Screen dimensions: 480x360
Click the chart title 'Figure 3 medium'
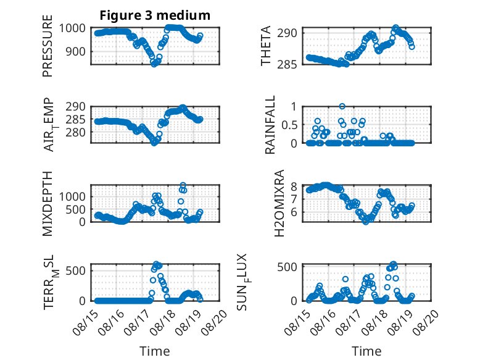tap(155, 15)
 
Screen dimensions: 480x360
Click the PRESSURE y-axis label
tap(48, 46)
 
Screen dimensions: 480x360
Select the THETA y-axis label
tap(266, 46)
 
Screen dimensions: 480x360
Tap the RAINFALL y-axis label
tap(270, 125)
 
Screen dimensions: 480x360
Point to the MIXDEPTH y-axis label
tap(48, 204)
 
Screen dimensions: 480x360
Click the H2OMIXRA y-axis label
tap(279, 203)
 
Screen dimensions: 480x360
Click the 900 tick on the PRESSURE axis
tap(75, 51)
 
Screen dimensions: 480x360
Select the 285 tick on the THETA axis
tap(287, 64)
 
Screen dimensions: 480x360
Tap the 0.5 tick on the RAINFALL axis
tap(289, 125)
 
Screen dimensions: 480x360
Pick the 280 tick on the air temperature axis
tap(75, 132)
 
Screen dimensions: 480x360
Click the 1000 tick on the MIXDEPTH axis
tap(72, 196)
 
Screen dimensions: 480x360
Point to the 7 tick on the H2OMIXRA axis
tap(294, 199)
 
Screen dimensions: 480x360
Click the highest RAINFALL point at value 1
tap(342, 106)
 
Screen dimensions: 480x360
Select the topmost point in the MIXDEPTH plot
tap(183, 185)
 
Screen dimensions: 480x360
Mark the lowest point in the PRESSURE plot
tap(154, 64)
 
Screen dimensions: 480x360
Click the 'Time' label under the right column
tap(366, 351)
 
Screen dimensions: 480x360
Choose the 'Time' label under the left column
tap(155, 351)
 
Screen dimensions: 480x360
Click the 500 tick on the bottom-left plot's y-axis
tap(75, 270)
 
